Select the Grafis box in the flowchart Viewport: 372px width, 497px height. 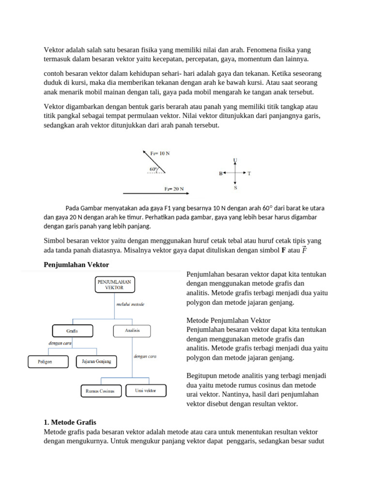click(x=72, y=331)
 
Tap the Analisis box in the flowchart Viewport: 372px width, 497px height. click(x=132, y=331)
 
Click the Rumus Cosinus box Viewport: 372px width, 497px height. click(x=100, y=391)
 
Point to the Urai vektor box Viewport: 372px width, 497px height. click(x=146, y=390)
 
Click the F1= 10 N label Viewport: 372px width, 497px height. click(x=160, y=153)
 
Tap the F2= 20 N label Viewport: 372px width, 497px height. click(x=173, y=189)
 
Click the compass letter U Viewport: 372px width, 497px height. click(x=235, y=160)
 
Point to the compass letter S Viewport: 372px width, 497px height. click(x=235, y=187)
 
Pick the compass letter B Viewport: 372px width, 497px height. click(x=220, y=173)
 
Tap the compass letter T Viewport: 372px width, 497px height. click(x=249, y=173)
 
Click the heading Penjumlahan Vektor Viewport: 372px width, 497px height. click(x=77, y=265)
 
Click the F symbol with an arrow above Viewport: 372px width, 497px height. click(x=304, y=250)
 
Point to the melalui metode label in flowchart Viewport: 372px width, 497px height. click(x=130, y=304)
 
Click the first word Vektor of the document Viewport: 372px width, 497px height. click(x=54, y=50)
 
